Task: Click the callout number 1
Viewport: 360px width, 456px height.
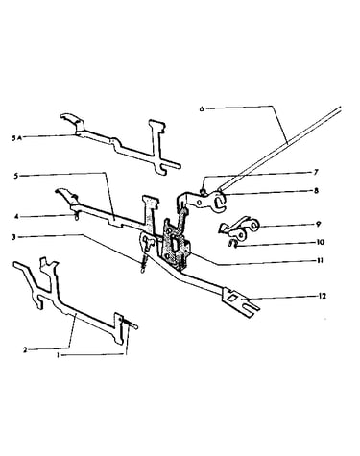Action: [58, 355]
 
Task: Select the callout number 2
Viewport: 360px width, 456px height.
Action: [25, 349]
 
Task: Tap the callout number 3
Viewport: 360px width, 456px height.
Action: [13, 237]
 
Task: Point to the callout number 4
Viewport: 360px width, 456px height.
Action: [13, 217]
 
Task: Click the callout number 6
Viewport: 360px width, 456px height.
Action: [202, 108]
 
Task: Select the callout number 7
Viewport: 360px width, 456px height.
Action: [316, 173]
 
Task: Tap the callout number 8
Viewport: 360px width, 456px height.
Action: [316, 191]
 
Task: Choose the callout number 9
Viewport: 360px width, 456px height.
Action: [318, 225]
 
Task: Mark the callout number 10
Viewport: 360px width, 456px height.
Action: [320, 242]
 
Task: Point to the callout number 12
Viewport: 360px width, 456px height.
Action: [323, 296]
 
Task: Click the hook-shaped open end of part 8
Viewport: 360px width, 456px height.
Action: [221, 203]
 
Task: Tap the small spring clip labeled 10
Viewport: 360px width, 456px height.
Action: [232, 244]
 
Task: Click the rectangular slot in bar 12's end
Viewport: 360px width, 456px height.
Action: [232, 298]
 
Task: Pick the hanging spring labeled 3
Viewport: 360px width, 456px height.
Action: [145, 261]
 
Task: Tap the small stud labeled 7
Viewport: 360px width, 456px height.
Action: [204, 191]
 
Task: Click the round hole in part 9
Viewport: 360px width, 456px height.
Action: [253, 227]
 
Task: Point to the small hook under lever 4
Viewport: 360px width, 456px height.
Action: [76, 217]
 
